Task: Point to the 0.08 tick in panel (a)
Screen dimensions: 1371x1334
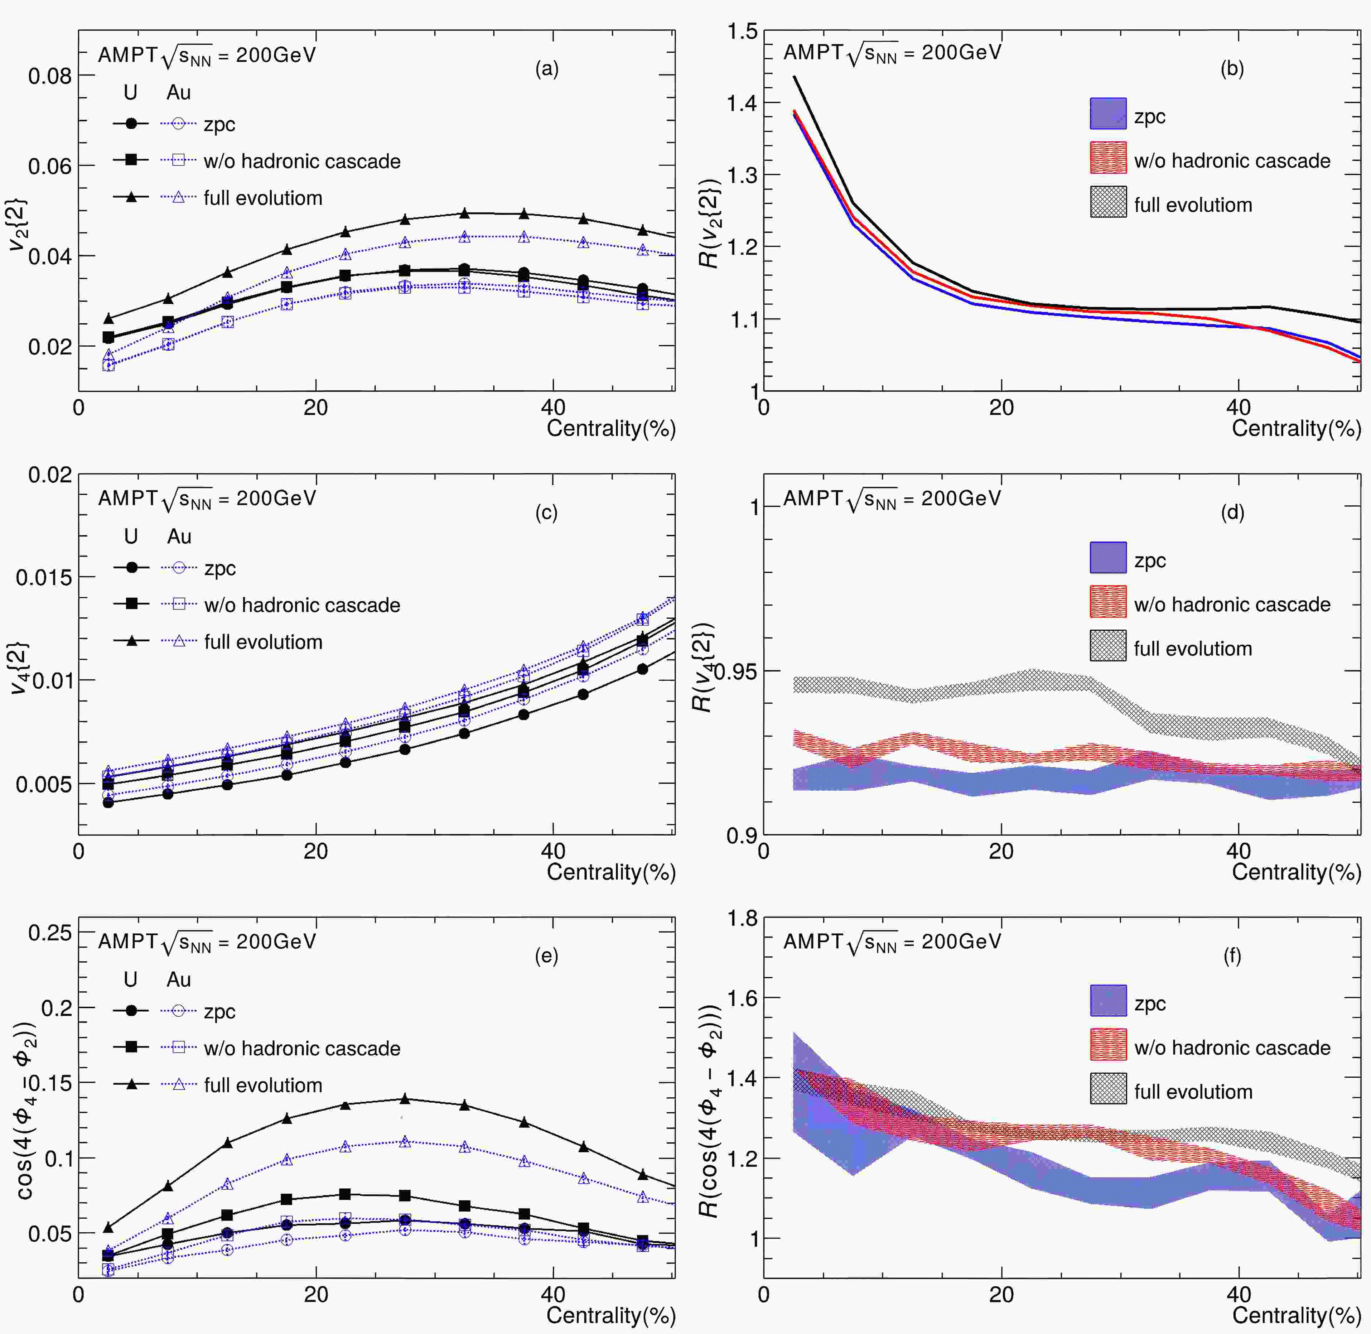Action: [50, 76]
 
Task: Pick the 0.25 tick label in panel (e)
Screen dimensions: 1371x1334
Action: [50, 933]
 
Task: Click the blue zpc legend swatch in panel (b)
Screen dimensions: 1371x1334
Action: [1108, 114]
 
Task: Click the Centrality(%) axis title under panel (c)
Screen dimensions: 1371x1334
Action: [611, 872]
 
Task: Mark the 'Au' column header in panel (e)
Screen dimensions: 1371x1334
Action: [179, 979]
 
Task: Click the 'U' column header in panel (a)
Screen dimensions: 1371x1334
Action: [130, 92]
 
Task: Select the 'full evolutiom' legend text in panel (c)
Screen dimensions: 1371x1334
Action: [264, 642]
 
